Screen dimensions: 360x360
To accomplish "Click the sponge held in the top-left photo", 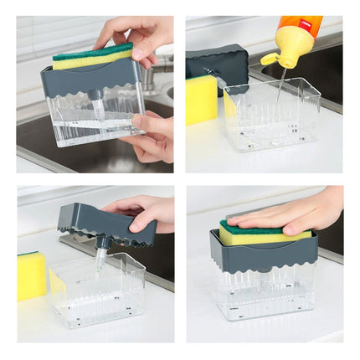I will tap(92, 55).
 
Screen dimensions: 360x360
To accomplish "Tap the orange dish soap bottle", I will tap(301, 28).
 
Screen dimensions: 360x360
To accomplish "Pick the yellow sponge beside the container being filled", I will tap(201, 100).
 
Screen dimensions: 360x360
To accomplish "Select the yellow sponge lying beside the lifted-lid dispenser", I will tap(32, 275).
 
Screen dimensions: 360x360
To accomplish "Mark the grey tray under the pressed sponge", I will tap(264, 254).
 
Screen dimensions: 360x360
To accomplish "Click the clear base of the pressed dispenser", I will tap(264, 293).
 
